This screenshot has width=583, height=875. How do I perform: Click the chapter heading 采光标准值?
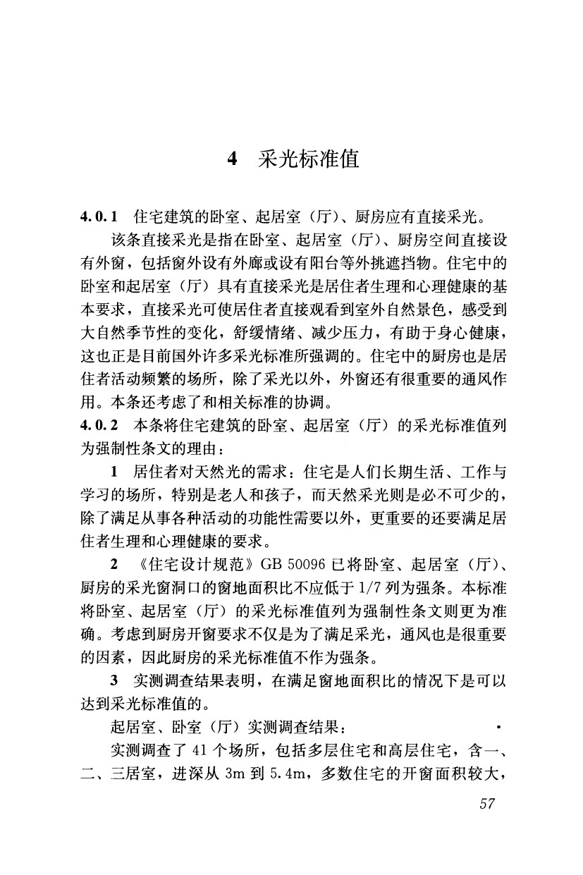coord(309,159)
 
